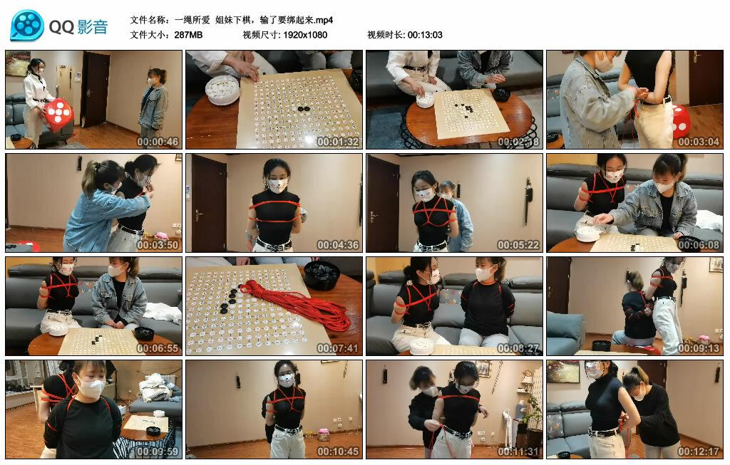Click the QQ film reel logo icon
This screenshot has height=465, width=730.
[x=27, y=26]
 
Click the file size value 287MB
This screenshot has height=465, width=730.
[x=188, y=35]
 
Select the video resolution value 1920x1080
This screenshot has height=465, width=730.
[x=304, y=35]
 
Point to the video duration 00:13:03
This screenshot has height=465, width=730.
[x=425, y=35]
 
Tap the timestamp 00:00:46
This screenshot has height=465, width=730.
[x=158, y=142]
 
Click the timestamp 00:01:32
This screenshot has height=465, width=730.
[x=338, y=142]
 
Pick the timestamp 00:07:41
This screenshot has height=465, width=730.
[x=338, y=348]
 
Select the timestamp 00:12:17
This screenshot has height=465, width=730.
[x=699, y=451]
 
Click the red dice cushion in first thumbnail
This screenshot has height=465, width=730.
[x=58, y=111]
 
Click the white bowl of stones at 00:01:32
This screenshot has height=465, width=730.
[x=222, y=90]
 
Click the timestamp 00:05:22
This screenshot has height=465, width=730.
[x=518, y=245]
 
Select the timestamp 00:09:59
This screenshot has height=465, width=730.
[x=158, y=451]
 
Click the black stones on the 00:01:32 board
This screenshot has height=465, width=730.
[x=304, y=109]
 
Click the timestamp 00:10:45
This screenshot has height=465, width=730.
[x=338, y=451]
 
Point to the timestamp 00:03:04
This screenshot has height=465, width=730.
[x=699, y=142]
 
